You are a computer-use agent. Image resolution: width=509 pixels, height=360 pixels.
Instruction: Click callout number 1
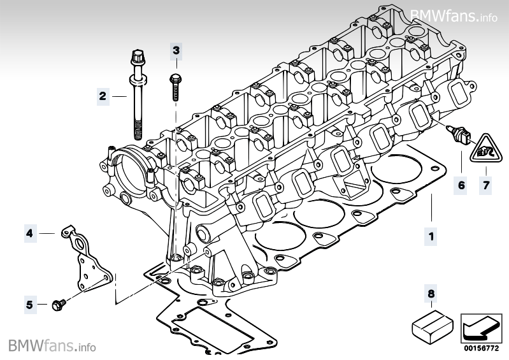tap(431, 237)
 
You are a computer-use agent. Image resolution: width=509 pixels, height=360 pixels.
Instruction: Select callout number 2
tap(102, 96)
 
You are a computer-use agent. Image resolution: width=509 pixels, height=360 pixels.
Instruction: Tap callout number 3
tap(176, 50)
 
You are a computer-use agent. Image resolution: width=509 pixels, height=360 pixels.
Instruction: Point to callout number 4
tap(29, 234)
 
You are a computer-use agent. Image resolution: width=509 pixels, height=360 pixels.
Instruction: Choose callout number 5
tap(29, 305)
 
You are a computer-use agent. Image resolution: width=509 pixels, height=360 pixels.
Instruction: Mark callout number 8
tap(431, 294)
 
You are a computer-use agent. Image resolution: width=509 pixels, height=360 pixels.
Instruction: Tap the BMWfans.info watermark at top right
tap(454, 16)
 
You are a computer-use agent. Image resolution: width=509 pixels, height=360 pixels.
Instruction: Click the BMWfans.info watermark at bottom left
tap(52, 346)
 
